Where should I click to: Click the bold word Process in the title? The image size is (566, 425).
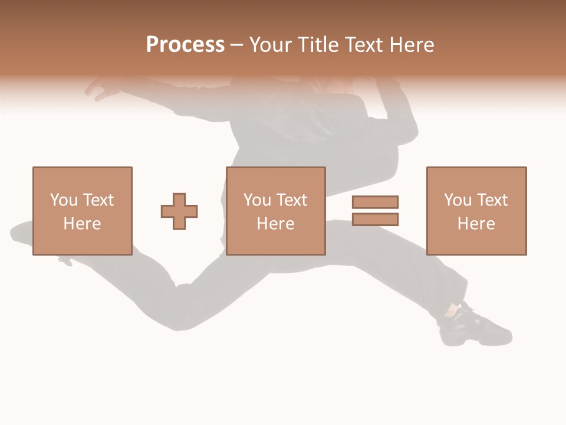tap(185, 45)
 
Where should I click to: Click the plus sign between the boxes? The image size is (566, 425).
tap(179, 211)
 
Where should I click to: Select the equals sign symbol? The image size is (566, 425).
tap(375, 211)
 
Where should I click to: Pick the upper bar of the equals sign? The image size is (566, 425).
tap(375, 202)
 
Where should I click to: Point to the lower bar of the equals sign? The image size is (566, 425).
tap(375, 219)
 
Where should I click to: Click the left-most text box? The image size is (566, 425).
tap(83, 211)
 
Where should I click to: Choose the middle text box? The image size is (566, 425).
tap(275, 211)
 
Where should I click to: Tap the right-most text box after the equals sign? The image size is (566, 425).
tap(476, 211)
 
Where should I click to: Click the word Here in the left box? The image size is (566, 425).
tap(83, 224)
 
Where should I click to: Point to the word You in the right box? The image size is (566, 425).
tap(458, 200)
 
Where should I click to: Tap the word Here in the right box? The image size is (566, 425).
tap(476, 224)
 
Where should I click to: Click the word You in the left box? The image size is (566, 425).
tap(64, 200)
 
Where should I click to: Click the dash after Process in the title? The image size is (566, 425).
tap(237, 45)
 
